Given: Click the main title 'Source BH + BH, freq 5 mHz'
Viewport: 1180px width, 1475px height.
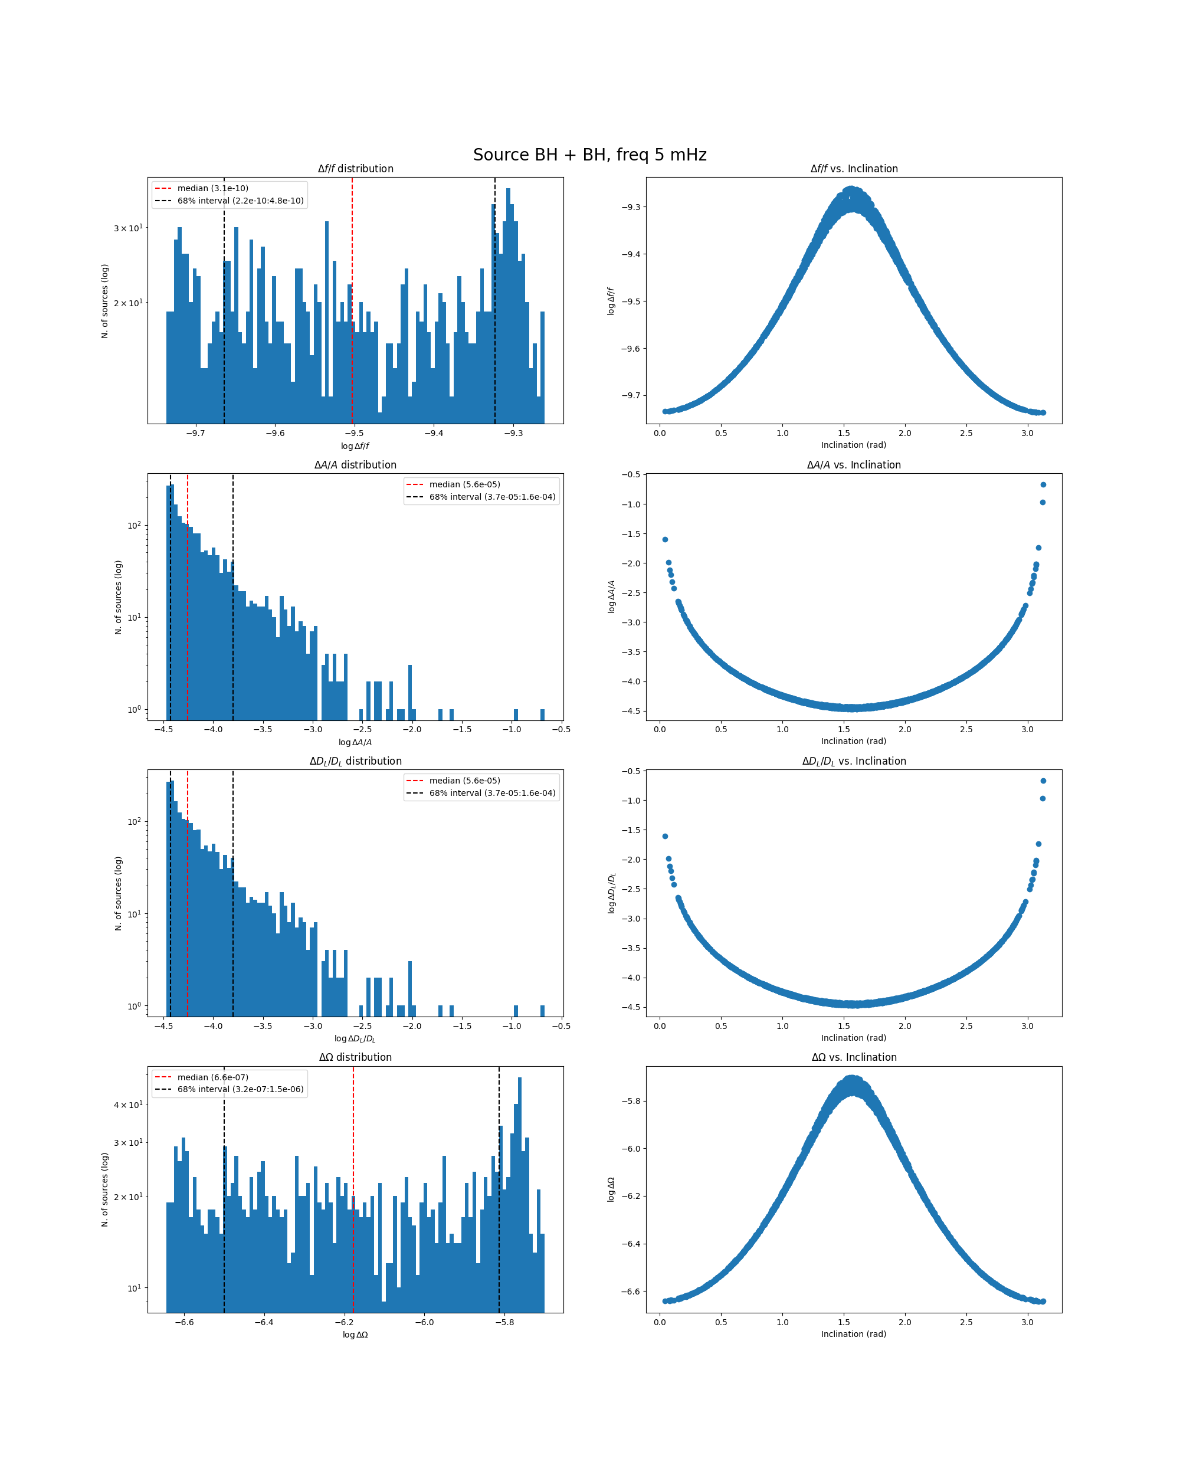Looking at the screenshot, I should pyautogui.click(x=589, y=155).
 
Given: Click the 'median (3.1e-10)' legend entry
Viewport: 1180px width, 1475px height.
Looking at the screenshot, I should pyautogui.click(x=213, y=188).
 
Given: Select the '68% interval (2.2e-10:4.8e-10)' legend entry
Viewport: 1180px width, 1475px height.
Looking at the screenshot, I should pyautogui.click(x=240, y=201).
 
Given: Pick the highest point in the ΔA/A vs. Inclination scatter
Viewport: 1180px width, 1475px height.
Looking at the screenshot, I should pyautogui.click(x=1043, y=484).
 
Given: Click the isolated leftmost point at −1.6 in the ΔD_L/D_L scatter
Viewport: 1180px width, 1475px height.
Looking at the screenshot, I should pyautogui.click(x=665, y=836).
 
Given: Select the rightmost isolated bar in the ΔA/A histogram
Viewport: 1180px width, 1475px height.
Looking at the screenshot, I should pyautogui.click(x=542, y=714).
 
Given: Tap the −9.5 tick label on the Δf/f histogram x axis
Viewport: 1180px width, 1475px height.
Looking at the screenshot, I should pyautogui.click(x=353, y=433).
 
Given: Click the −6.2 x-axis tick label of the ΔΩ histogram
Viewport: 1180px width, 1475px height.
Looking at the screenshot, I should pyautogui.click(x=344, y=1322).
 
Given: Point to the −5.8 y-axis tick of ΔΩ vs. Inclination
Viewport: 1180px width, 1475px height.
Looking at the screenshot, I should pyautogui.click(x=631, y=1101).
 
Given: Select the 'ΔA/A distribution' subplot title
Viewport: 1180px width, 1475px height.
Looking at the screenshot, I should pyautogui.click(x=355, y=465).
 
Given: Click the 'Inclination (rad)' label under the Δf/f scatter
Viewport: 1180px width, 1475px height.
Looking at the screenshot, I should pyautogui.click(x=854, y=445).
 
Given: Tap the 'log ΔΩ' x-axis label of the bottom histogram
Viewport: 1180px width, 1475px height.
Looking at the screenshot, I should pyautogui.click(x=355, y=1335).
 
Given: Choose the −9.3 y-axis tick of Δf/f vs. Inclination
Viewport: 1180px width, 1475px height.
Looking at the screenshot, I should pyautogui.click(x=631, y=206).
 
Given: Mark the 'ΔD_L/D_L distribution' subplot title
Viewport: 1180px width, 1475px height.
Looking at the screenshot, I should pyautogui.click(x=355, y=762).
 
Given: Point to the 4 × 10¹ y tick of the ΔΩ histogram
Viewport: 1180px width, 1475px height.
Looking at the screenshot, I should pyautogui.click(x=128, y=1105).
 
